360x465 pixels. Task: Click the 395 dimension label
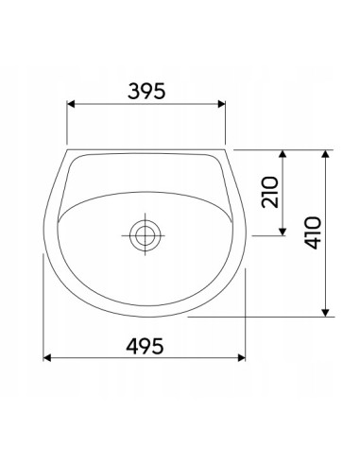[x=146, y=91]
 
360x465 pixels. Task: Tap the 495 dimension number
[x=145, y=346]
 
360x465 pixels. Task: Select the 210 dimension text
[x=270, y=192]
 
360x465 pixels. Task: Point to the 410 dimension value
[x=313, y=232]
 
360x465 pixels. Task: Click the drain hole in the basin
[x=146, y=235]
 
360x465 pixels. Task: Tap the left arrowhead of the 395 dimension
[x=71, y=104]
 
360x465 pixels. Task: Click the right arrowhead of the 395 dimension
[x=222, y=104]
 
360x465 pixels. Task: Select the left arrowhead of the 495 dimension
[x=47, y=357]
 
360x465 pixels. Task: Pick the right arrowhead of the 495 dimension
[x=242, y=357]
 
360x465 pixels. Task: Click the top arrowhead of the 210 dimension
[x=283, y=154]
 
